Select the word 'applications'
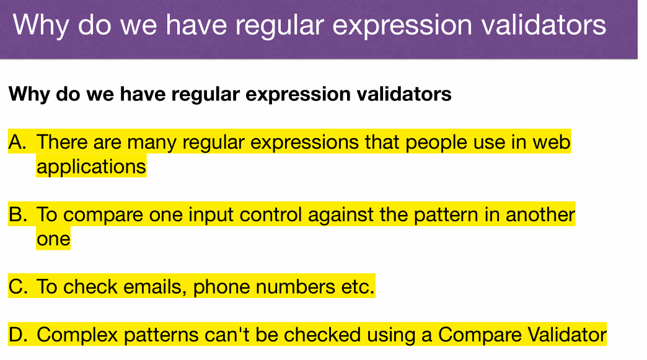coord(91,167)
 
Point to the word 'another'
coord(540,214)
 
